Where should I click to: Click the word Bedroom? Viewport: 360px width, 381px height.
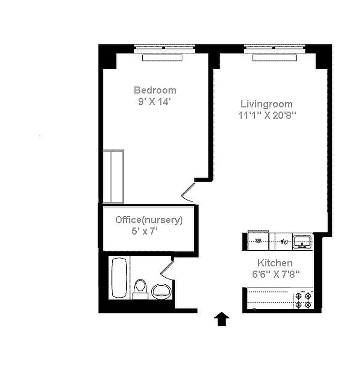[155, 90]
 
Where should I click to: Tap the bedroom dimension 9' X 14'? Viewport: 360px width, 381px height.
[155, 101]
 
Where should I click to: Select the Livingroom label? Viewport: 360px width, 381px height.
[266, 104]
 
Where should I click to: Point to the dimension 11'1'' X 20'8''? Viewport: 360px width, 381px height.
[267, 115]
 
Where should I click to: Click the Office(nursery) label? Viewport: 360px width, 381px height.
[149, 220]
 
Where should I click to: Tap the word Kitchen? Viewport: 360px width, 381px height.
[275, 263]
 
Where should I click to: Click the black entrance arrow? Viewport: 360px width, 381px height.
[222, 319]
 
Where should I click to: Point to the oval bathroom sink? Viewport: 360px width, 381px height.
[161, 290]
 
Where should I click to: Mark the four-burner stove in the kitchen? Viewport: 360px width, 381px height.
[303, 299]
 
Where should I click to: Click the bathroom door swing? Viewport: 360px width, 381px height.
[167, 269]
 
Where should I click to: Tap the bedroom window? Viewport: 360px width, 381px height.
[164, 48]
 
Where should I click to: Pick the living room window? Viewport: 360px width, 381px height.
[275, 48]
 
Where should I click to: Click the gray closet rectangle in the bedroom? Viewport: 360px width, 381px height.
[114, 176]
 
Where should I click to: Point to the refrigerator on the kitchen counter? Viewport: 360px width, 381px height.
[258, 241]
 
